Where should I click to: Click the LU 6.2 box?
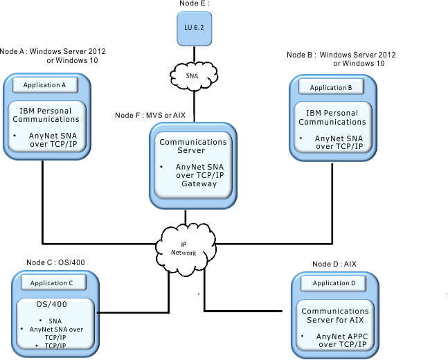click(x=195, y=28)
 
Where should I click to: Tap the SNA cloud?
click(x=194, y=75)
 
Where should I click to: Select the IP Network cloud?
click(x=186, y=249)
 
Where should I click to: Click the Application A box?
click(x=45, y=85)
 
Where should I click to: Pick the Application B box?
click(x=331, y=87)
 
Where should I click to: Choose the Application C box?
click(x=53, y=283)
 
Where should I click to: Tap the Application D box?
click(x=334, y=283)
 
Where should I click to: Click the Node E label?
click(x=195, y=3)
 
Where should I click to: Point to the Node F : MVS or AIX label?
click(x=150, y=115)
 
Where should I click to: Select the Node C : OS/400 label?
click(x=55, y=262)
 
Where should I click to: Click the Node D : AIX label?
click(x=334, y=264)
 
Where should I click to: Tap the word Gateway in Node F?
click(x=199, y=183)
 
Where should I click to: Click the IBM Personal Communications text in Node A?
click(x=46, y=115)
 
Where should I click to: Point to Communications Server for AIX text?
click(x=335, y=316)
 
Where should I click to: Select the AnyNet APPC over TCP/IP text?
click(x=342, y=341)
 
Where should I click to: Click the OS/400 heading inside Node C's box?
click(x=51, y=304)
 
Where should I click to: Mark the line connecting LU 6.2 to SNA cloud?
click(x=195, y=54)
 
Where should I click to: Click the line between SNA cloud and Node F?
click(x=195, y=106)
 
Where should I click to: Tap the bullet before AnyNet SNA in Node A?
click(x=15, y=135)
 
